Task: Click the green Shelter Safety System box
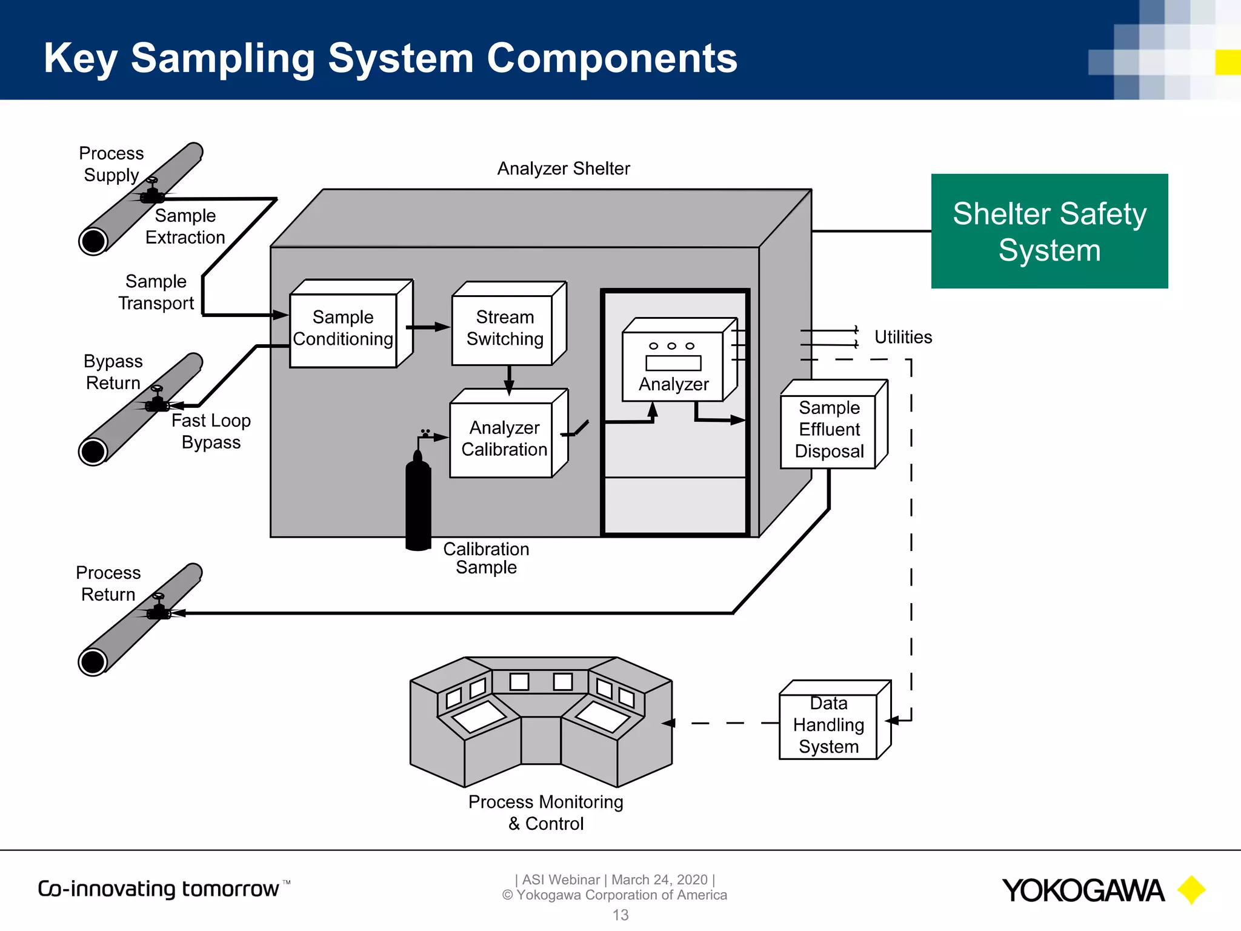pos(1049,231)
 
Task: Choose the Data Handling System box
pos(828,725)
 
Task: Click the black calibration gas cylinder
pos(418,503)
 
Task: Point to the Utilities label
pos(902,337)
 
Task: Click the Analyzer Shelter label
pos(563,169)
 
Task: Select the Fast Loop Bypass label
pos(211,431)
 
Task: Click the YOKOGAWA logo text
pos(1082,890)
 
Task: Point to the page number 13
pos(620,915)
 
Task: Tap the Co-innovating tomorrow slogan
pos(159,889)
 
